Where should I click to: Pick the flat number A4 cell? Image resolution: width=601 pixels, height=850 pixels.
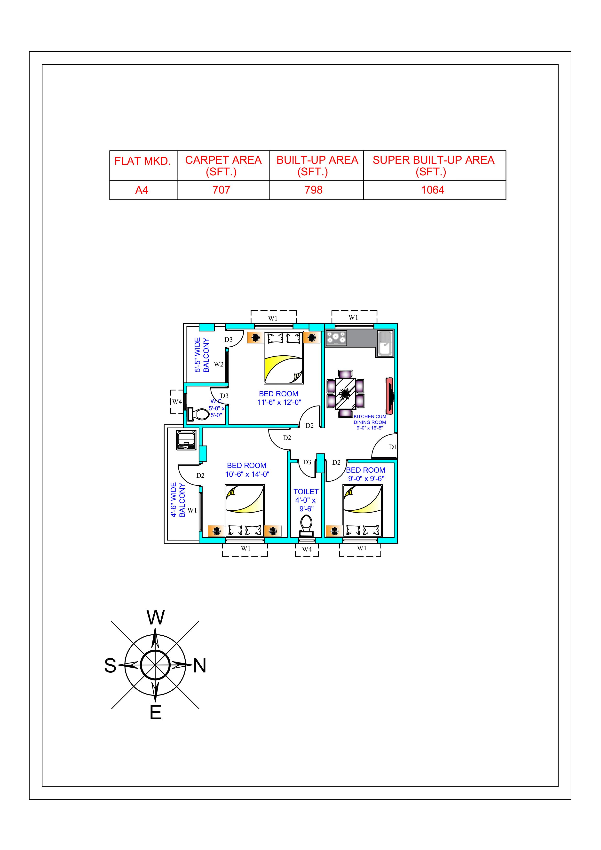pyautogui.click(x=142, y=190)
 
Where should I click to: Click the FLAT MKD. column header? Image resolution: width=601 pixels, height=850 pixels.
pyautogui.click(x=142, y=161)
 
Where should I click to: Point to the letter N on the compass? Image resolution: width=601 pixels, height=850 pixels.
pyautogui.click(x=200, y=666)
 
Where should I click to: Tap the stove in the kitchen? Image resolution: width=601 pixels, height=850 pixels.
pyautogui.click(x=336, y=338)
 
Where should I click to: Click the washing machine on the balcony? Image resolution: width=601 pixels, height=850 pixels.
pyautogui.click(x=186, y=440)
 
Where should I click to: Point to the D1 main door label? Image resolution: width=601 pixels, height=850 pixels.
pyautogui.click(x=393, y=447)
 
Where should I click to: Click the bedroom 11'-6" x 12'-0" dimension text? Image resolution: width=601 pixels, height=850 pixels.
pyautogui.click(x=279, y=402)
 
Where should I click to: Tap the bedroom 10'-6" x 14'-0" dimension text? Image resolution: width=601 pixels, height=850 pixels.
pyautogui.click(x=247, y=474)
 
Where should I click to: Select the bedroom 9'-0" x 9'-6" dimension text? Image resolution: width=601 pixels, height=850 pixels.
pyautogui.click(x=366, y=479)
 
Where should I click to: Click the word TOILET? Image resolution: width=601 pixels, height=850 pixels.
pyautogui.click(x=306, y=492)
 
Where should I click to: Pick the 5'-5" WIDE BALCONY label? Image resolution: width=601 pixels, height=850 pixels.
pyautogui.click(x=202, y=355)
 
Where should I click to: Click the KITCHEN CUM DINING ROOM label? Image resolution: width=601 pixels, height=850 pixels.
pyautogui.click(x=370, y=420)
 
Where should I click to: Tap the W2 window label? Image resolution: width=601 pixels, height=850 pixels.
pyautogui.click(x=219, y=364)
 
